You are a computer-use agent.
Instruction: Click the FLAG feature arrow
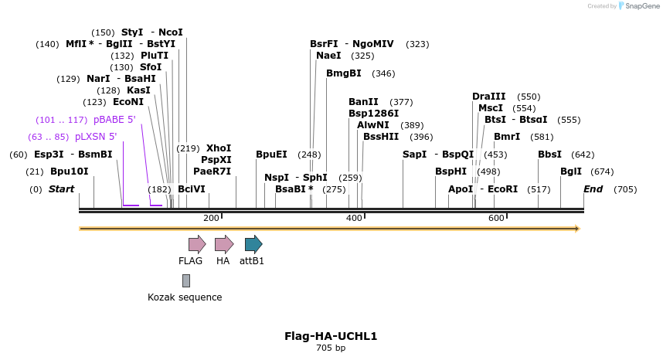coord(196,244)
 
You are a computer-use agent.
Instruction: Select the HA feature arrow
coord(223,244)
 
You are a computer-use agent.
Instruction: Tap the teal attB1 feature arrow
coord(253,244)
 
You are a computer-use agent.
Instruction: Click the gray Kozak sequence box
coord(186,280)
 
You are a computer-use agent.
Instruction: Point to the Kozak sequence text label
coord(185,297)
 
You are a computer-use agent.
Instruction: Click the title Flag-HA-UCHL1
coord(331,336)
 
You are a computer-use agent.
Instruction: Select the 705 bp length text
coord(331,348)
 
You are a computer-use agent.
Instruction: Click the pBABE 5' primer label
coord(114,120)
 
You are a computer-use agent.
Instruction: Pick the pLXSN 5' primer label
coord(95,137)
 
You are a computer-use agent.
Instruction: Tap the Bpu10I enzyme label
coord(69,172)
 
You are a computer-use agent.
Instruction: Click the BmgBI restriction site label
coord(344,73)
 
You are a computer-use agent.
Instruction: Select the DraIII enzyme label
coord(488,97)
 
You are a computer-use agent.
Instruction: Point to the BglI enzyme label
coord(571,172)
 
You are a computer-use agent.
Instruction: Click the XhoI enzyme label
coord(219,148)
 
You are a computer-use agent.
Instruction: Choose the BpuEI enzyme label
coord(271,155)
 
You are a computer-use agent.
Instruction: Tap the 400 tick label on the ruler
coord(354,219)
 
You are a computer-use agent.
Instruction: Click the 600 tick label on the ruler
coord(496,219)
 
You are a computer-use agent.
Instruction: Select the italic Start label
coord(61,189)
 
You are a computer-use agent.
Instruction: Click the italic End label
coord(593,189)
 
